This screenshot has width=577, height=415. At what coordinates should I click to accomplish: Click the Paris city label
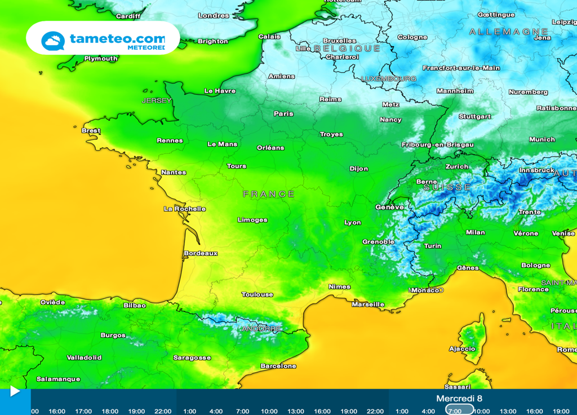(283, 113)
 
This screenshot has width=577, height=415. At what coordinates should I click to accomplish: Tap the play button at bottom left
(15, 391)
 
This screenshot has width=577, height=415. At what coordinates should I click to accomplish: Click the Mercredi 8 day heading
(459, 399)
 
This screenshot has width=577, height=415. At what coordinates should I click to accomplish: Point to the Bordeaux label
(201, 253)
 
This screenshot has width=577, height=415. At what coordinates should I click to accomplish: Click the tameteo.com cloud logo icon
(53, 41)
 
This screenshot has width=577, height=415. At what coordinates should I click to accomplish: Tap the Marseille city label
(368, 304)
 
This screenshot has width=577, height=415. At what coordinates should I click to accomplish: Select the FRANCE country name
(269, 194)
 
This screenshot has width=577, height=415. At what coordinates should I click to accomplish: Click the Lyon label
(353, 222)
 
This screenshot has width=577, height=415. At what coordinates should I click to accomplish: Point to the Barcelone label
(278, 366)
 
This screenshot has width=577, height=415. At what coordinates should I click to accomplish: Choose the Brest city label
(91, 130)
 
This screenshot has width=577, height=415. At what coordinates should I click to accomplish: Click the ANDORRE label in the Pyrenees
(261, 328)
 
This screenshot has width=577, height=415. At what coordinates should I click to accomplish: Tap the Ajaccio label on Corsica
(462, 348)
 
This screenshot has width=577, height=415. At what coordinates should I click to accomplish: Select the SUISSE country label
(447, 187)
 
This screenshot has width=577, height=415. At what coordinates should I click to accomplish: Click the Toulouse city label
(258, 294)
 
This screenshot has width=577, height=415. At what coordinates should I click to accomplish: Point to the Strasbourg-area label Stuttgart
(474, 117)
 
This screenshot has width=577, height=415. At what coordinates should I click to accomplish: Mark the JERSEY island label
(157, 100)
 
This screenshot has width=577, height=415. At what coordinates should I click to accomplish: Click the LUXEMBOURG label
(389, 78)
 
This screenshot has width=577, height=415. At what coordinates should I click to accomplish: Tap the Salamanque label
(59, 379)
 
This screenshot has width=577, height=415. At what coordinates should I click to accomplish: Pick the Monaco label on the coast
(427, 290)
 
